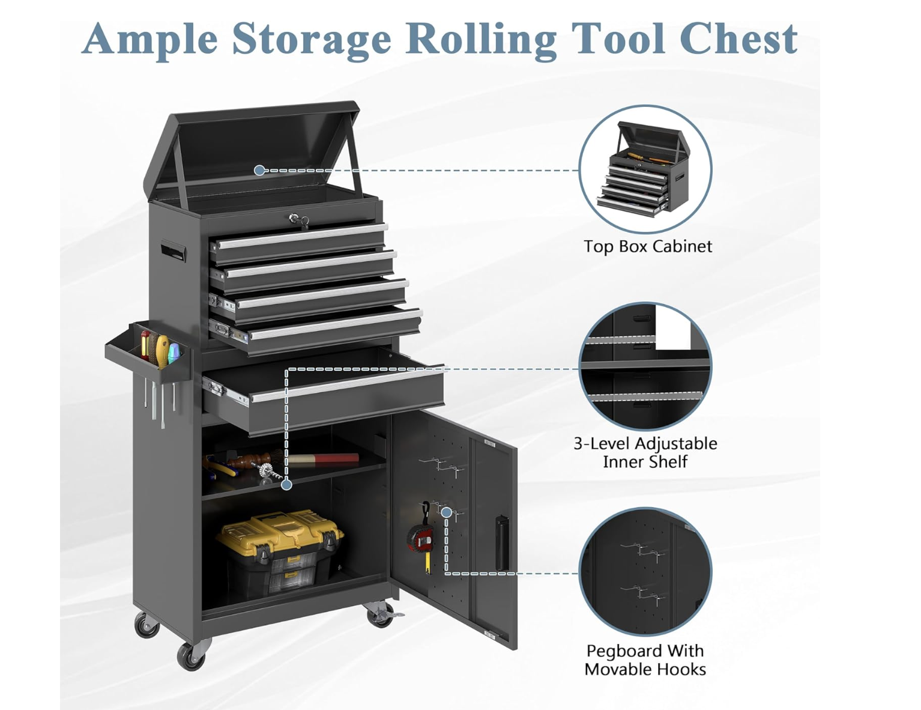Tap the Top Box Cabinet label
[648, 246]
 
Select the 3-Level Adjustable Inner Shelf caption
[645, 452]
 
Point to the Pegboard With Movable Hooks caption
[645, 660]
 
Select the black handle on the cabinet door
[503, 544]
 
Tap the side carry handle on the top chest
[172, 250]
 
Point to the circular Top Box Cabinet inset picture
[645, 169]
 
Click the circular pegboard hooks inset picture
[645, 572]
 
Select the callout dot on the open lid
[259, 171]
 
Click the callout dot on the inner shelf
[287, 485]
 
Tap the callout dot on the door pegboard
[446, 512]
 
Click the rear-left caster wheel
[146, 625]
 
